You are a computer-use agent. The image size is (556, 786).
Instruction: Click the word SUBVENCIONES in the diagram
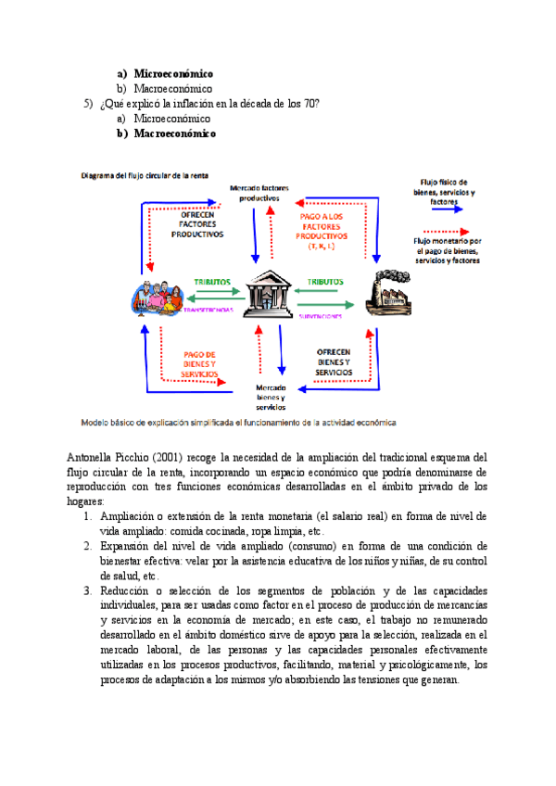[321, 316]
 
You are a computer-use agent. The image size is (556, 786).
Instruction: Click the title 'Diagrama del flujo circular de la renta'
[145, 174]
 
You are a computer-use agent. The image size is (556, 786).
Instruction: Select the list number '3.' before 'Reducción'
[88, 589]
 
